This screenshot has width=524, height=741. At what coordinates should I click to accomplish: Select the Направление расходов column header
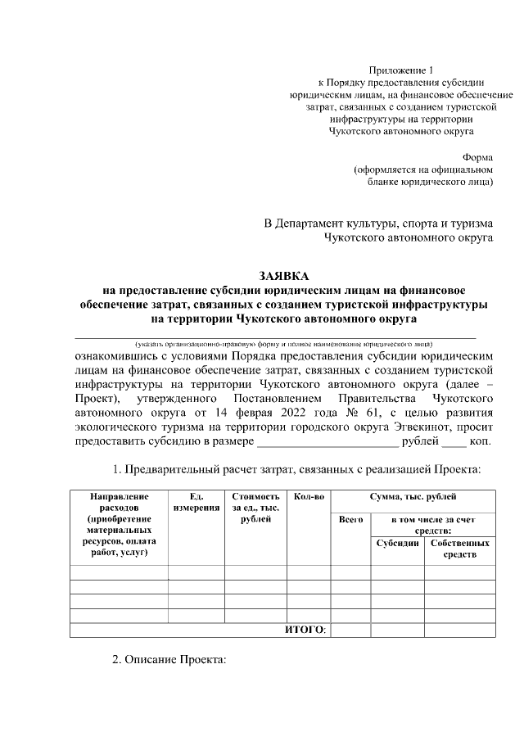pos(119,525)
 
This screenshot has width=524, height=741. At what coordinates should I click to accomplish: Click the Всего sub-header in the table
pos(350,520)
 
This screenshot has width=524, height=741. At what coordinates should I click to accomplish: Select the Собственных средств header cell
pos(459,549)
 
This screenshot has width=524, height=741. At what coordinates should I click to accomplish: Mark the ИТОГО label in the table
pos(305,629)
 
